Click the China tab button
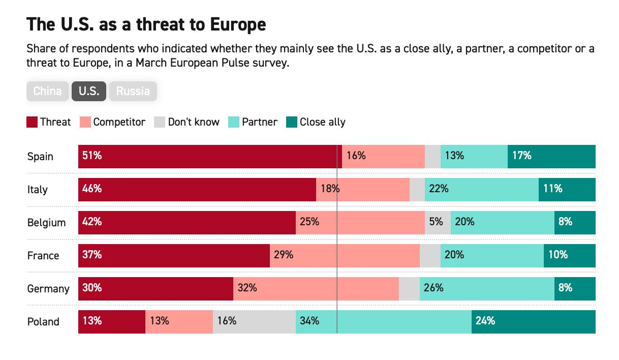[x=47, y=92]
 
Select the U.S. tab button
[x=89, y=92]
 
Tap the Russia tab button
[x=133, y=92]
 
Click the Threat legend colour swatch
[x=32, y=122]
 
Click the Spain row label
[x=40, y=157]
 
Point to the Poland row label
[x=43, y=322]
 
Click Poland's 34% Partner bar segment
[x=383, y=322]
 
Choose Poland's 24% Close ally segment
[x=533, y=322]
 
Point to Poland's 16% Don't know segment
[x=254, y=322]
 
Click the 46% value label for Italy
[x=92, y=189]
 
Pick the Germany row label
[x=48, y=289]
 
